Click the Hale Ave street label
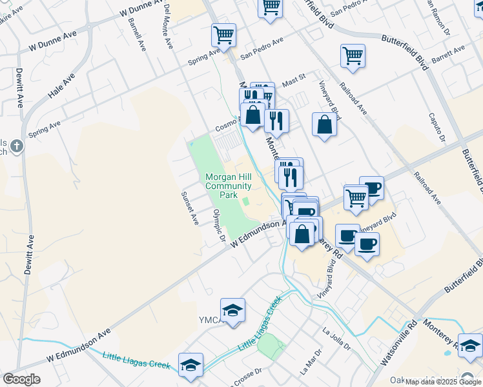[61, 85]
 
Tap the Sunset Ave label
[190, 208]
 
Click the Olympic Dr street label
[220, 226]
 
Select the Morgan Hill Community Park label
[228, 186]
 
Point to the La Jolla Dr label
[336, 338]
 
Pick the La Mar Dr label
[311, 363]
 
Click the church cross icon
[15, 147]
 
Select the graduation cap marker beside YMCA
[232, 310]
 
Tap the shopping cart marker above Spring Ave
[223, 35]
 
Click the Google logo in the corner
[21, 379]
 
